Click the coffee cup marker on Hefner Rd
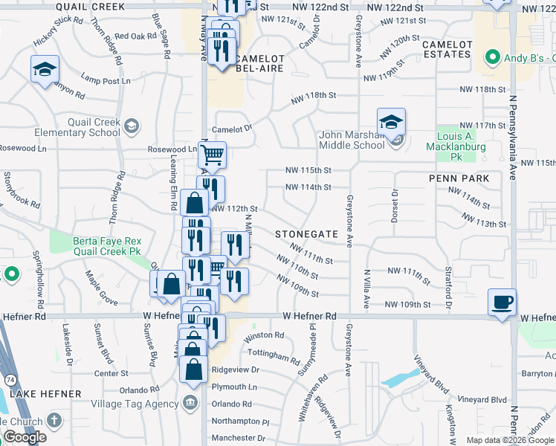tap(502, 302)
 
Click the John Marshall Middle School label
tap(352, 140)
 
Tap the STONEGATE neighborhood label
tap(307, 233)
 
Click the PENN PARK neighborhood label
tap(459, 178)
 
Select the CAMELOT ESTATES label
tap(447, 49)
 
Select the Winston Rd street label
tap(264, 335)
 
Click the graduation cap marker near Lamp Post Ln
tap(44, 69)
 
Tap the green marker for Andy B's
tap(491, 57)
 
